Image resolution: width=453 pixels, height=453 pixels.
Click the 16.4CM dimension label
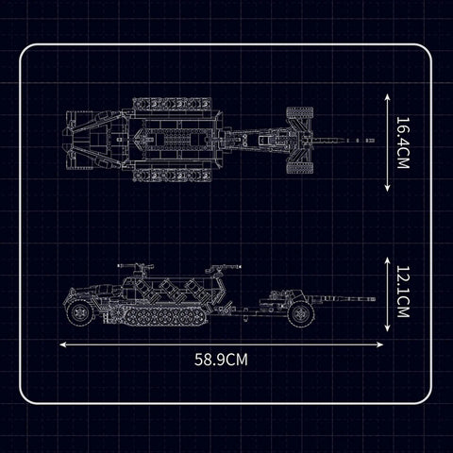pos(403,143)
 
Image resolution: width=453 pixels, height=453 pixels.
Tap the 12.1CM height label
pos(403,292)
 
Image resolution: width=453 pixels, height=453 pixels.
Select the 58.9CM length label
pos(221,360)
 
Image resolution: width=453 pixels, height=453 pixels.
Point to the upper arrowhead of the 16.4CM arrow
pos(387,96)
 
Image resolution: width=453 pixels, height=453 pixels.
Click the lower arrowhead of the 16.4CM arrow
pos(387,189)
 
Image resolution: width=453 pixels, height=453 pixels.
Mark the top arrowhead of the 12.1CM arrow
pos(387,260)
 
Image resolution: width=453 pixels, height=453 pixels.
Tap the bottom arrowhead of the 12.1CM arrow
pos(387,328)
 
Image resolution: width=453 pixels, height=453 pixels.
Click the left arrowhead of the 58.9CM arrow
pos(62,344)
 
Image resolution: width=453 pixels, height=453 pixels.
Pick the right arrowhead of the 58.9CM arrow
pos(380,344)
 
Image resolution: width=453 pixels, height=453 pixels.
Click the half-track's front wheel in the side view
pos(80,312)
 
